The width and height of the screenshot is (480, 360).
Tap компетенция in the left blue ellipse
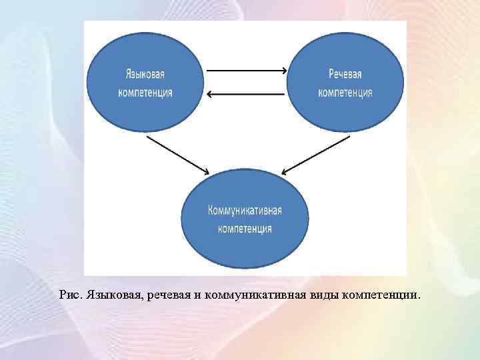[145, 93]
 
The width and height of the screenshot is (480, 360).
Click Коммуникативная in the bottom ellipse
[245, 210]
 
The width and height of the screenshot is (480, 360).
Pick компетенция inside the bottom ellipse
[245, 229]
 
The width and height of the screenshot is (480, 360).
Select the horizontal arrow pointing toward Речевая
[246, 70]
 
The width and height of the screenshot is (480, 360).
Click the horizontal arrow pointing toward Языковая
[246, 94]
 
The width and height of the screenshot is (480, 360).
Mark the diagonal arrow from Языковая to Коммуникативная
[177, 155]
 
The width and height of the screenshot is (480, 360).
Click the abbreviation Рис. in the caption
[70, 294]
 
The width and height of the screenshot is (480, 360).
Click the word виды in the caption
[322, 294]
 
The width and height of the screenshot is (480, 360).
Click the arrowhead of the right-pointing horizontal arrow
[283, 70]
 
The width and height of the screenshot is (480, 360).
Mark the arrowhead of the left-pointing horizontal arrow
[210, 94]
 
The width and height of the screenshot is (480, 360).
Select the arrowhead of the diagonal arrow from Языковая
[206, 172]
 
